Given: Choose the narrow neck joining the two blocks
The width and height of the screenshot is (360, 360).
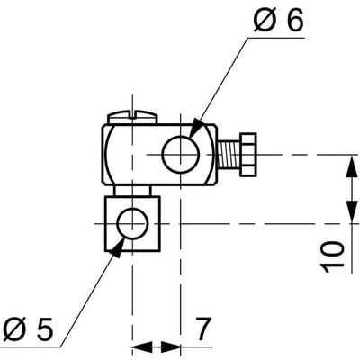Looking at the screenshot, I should [131, 189].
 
